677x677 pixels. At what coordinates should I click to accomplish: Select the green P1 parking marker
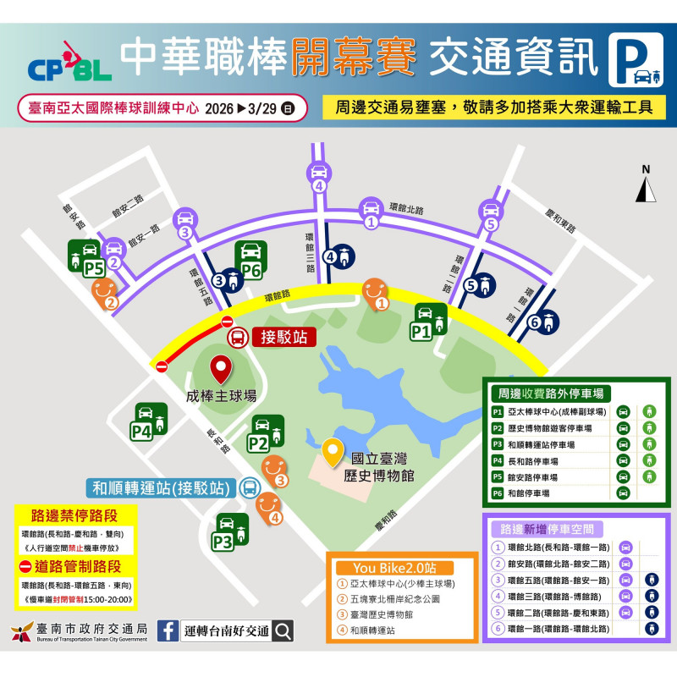click(432, 322)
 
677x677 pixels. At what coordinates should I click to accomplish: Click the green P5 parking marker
click(82, 257)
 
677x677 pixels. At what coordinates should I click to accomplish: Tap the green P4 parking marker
click(148, 421)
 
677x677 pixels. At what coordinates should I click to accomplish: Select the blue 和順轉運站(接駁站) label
click(161, 488)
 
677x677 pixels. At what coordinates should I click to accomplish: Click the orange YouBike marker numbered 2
click(105, 293)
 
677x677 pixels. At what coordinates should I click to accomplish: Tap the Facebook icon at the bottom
click(168, 630)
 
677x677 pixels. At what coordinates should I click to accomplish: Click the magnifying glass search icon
click(283, 630)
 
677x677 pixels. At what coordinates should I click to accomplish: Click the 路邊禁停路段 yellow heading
click(74, 515)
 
